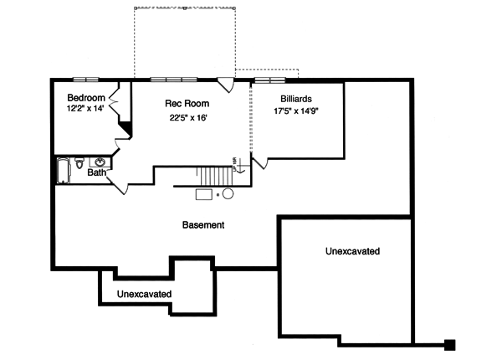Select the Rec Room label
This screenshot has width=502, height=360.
click(x=187, y=104)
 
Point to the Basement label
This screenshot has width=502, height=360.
click(x=203, y=225)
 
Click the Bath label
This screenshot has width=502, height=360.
click(x=96, y=173)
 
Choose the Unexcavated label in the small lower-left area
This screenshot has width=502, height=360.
click(x=144, y=294)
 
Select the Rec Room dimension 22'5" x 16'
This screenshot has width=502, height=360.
click(x=187, y=118)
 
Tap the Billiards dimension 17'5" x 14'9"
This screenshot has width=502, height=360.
click(x=297, y=111)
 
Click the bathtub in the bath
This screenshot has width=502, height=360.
click(x=62, y=170)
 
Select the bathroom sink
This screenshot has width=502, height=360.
click(x=100, y=162)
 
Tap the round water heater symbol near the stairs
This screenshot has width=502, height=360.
click(x=228, y=193)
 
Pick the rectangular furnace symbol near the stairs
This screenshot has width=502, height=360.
click(x=204, y=194)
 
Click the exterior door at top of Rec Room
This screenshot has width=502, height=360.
click(x=225, y=83)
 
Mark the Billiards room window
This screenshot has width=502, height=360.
click(x=269, y=80)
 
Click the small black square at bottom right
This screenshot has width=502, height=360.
click(x=449, y=343)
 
